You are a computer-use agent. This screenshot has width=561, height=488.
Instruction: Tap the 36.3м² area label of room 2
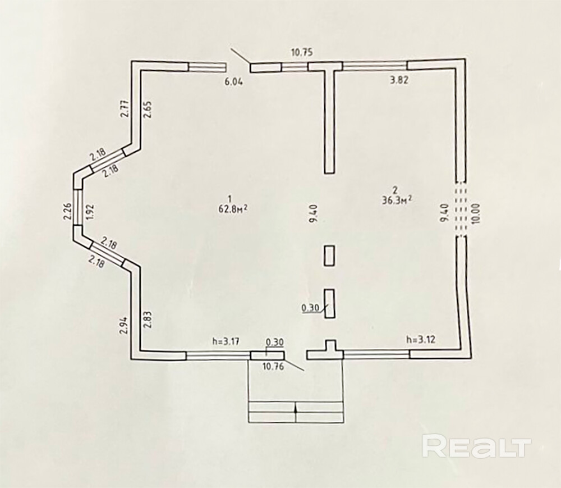click(396, 200)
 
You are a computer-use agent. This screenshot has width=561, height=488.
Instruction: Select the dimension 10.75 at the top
click(301, 53)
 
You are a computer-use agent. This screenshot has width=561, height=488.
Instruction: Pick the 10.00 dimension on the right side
click(476, 213)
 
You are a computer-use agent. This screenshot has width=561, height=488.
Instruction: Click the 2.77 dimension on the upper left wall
click(124, 108)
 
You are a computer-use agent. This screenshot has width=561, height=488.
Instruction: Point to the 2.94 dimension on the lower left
click(124, 326)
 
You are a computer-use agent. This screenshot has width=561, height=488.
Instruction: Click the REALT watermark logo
click(476, 447)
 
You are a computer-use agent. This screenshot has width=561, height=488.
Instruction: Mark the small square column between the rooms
click(330, 256)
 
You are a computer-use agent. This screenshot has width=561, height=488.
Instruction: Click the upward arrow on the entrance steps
click(296, 410)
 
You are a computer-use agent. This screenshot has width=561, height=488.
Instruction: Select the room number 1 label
click(230, 197)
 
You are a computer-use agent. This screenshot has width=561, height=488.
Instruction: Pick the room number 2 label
click(395, 189)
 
